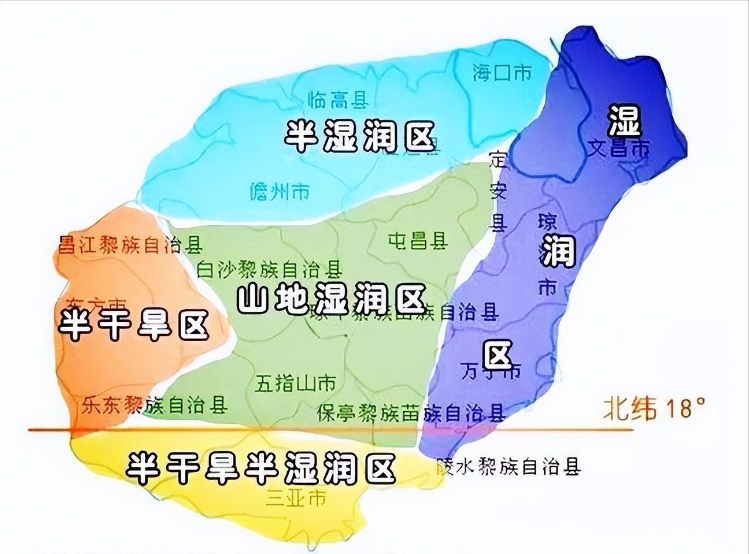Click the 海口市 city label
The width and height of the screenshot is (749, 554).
point(501,73)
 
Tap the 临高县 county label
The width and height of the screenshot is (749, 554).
point(337,101)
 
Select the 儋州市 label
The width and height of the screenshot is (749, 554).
point(279,191)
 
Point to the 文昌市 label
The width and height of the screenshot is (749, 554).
point(619,148)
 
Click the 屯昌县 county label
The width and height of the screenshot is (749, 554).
point(418,240)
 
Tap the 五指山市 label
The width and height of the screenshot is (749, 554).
point(296,384)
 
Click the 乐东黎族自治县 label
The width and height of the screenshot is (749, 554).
point(155,405)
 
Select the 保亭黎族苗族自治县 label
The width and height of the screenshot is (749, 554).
point(411,414)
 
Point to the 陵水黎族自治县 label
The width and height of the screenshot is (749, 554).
point(509,467)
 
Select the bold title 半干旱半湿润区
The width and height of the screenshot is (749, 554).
point(260,467)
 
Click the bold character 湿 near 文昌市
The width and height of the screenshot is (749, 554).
point(624,120)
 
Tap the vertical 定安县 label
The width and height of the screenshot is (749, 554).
point(499,191)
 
